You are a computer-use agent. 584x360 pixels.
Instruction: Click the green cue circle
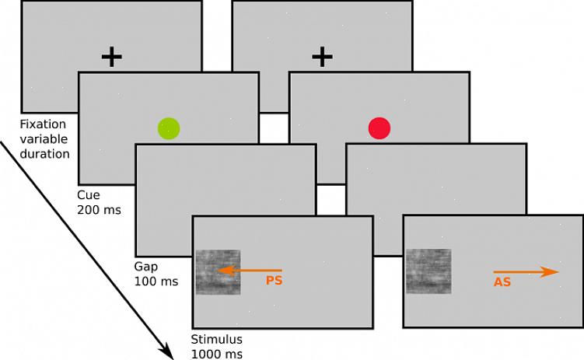pos(169,128)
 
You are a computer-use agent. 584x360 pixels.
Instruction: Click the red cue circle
pos(379,128)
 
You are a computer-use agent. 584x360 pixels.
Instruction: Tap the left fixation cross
pos(112,57)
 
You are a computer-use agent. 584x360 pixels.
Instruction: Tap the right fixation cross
pos(322,57)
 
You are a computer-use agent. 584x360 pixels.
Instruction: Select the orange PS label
pos(274,281)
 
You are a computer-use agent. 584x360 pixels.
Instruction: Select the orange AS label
pos(502,282)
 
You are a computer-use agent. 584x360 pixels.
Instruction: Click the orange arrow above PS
pos(249,271)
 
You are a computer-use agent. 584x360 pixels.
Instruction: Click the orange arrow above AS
pos(526,271)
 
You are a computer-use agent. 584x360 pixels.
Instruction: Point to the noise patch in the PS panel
pos(218,272)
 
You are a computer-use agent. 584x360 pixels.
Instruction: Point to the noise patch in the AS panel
pos(428,272)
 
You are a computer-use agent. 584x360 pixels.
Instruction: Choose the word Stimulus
pos(217,339)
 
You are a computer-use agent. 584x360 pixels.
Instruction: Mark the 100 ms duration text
pos(156,281)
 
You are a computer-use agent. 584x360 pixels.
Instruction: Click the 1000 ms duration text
pos(217,354)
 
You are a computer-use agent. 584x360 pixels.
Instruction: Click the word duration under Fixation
pos(47,153)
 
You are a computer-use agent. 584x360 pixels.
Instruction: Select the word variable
pos(45,138)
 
